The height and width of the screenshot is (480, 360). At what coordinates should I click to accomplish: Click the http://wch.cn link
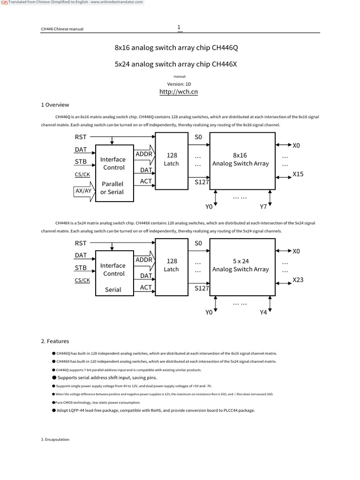179,92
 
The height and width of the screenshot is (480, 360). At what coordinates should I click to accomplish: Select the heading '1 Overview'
55,105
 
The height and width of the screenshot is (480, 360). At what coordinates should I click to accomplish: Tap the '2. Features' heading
55,341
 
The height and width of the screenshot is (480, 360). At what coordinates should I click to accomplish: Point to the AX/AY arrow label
83,191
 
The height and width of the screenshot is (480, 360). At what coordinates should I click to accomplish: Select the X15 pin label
298,174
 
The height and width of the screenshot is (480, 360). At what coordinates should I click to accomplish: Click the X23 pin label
298,280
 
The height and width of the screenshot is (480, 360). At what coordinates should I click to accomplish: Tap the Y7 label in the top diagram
264,206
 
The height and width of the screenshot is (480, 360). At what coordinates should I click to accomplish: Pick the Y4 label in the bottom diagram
263,312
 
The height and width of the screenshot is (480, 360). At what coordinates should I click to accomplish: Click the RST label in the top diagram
81,137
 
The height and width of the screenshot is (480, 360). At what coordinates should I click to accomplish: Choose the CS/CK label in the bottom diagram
82,280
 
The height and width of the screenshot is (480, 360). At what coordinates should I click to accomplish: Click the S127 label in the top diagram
202,182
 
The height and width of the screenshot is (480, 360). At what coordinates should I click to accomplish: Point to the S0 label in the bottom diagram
198,243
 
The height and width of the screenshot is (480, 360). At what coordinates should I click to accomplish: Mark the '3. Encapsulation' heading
55,439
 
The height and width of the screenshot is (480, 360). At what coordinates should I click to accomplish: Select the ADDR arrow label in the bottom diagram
144,260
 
